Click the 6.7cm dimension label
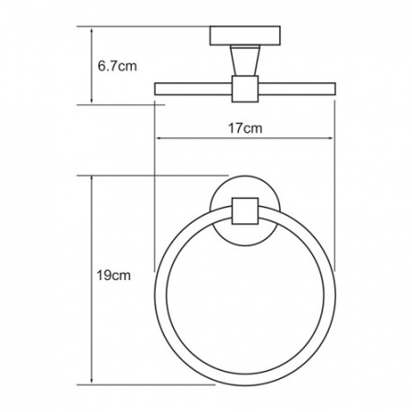117,66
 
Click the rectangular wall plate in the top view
245,37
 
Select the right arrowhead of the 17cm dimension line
332,140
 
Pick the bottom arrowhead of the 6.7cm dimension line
92,100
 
